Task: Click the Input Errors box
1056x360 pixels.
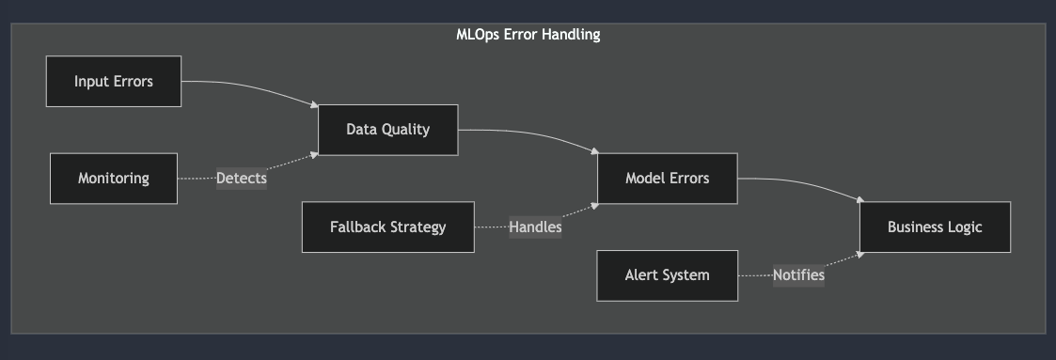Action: pos(113,81)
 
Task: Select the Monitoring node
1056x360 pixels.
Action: pos(113,178)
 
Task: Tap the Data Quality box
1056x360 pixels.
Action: pos(387,130)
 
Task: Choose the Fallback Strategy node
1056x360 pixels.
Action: pos(387,227)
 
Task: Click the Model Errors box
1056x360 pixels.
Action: pos(667,178)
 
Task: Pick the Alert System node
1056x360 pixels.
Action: pos(667,275)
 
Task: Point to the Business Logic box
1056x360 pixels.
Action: pos(935,227)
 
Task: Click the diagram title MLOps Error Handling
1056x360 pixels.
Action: pos(528,35)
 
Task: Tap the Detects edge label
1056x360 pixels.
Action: pos(242,178)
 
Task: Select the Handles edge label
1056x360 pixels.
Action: pos(535,227)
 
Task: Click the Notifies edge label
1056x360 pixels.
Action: pos(798,275)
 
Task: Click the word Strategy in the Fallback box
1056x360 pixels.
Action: pos(417,227)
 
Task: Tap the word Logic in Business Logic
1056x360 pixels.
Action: pos(963,227)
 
